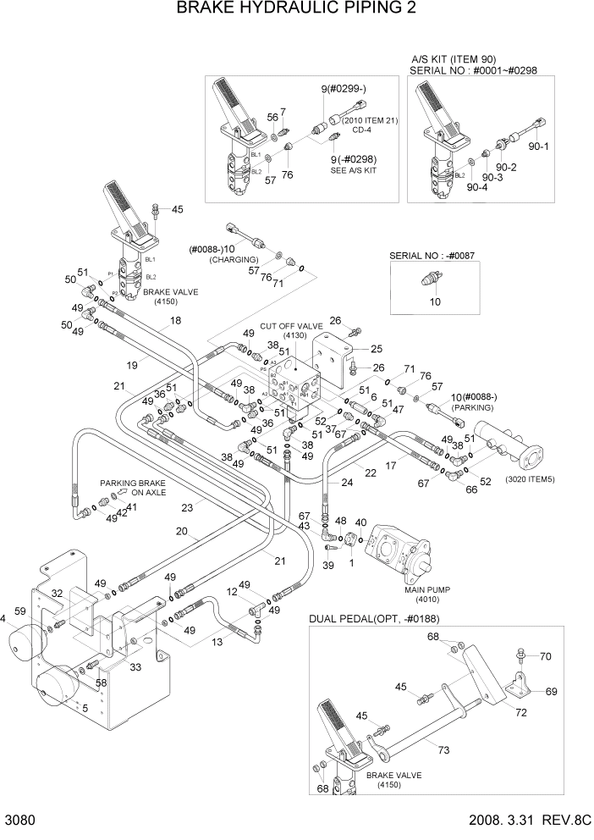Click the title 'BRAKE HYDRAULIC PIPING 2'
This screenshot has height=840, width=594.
(296, 9)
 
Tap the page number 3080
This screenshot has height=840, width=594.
(20, 821)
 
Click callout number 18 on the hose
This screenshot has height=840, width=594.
(175, 321)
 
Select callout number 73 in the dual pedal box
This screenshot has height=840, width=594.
(443, 749)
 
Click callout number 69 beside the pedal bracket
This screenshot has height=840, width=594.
(551, 692)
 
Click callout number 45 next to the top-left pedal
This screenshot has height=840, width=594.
(177, 210)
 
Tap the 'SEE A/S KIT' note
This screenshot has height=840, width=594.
(353, 170)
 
